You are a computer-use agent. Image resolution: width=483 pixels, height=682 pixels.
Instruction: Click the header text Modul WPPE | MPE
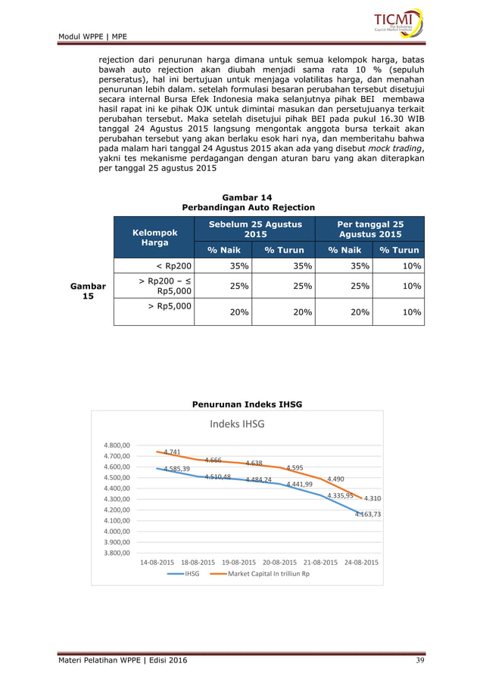92,36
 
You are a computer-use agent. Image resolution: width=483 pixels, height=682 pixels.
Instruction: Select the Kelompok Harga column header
154,238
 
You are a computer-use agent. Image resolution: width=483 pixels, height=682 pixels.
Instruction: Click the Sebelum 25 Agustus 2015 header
249,229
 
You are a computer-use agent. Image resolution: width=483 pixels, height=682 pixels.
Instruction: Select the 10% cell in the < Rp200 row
412,265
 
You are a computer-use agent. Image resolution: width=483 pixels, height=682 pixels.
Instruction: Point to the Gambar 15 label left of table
88,292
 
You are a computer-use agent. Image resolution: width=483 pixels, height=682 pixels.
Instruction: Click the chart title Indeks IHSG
237,424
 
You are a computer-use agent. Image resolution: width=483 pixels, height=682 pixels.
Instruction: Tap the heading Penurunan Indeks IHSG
248,405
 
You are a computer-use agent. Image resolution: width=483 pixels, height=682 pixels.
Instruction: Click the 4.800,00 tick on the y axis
117,445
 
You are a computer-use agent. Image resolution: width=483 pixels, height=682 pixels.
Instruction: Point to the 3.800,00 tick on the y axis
117,553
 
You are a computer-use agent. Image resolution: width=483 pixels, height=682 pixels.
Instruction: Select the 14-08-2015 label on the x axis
157,563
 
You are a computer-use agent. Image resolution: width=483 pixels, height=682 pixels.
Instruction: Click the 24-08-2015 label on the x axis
361,563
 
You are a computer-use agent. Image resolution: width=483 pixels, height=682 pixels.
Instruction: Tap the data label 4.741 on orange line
172,452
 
